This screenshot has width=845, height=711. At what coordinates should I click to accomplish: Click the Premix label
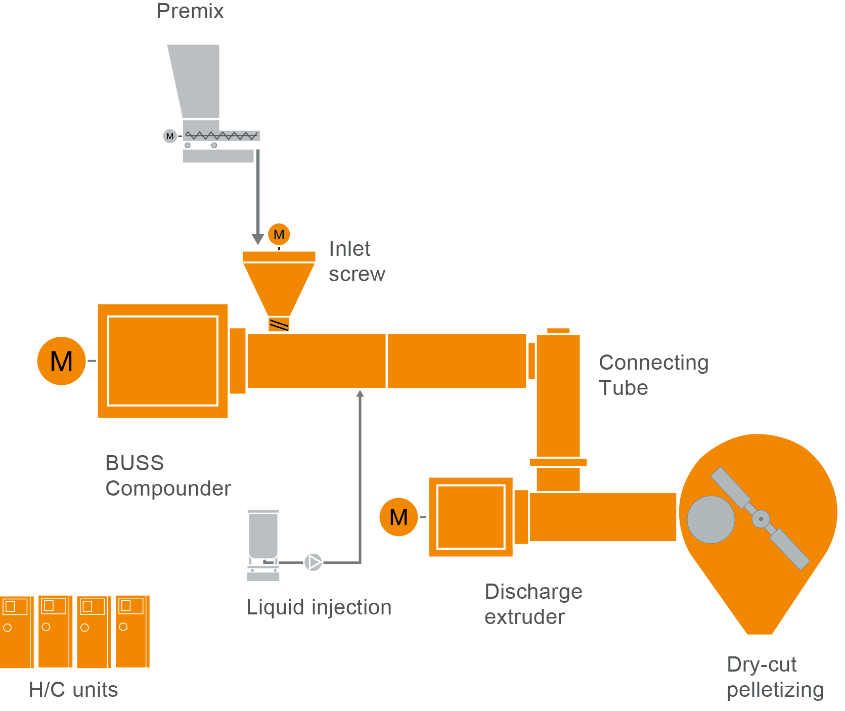(190, 12)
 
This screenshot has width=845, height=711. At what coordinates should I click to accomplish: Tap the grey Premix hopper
(197, 81)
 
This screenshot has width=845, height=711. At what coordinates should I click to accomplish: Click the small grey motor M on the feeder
(170, 136)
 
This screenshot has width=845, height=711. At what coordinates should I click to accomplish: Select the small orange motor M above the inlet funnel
(279, 234)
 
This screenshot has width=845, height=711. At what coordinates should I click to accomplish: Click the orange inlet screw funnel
(279, 286)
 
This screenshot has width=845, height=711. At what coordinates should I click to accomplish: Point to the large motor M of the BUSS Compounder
(62, 361)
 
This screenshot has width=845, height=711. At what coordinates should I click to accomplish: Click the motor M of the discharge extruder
(398, 517)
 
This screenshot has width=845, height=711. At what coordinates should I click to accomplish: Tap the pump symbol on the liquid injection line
(313, 562)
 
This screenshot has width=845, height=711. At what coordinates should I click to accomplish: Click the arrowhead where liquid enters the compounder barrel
(360, 394)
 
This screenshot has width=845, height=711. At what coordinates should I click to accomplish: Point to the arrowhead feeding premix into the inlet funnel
(258, 239)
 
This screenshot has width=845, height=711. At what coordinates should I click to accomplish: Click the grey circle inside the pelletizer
(710, 519)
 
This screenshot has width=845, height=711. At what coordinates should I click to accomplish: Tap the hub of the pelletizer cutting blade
(761, 519)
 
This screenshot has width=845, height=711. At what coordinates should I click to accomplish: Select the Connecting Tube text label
(653, 375)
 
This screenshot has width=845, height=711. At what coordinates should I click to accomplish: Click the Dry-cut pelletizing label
(775, 677)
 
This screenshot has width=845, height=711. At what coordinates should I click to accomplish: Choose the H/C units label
(73, 690)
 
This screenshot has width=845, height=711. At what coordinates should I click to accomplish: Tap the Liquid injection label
(319, 607)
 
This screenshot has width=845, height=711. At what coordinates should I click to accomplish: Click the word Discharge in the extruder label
(533, 592)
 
